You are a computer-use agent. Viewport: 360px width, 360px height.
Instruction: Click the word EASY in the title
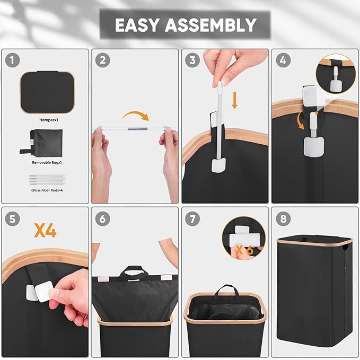(137, 25)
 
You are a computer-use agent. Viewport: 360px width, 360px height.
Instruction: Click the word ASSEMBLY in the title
(210, 25)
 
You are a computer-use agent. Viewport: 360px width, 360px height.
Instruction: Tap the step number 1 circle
(12, 60)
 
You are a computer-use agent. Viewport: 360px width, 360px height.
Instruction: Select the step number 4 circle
(283, 60)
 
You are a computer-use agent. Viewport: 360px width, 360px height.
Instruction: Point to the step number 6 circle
(103, 219)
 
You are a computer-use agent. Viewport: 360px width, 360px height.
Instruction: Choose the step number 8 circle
(283, 219)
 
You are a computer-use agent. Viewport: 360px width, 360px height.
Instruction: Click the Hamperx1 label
(49, 120)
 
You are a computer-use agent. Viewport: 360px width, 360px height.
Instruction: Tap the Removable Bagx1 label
(47, 163)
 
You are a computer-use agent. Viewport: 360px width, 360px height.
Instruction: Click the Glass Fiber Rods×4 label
(47, 190)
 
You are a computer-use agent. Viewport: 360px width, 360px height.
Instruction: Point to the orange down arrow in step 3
(234, 100)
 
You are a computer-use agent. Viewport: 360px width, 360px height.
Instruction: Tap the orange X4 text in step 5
(45, 231)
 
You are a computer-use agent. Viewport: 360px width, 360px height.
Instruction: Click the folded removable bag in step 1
(43, 142)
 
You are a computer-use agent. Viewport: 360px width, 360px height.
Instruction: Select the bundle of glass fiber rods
(47, 180)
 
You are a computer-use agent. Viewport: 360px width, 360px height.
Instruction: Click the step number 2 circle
(103, 60)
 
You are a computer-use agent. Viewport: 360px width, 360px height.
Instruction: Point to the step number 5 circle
(12, 219)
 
